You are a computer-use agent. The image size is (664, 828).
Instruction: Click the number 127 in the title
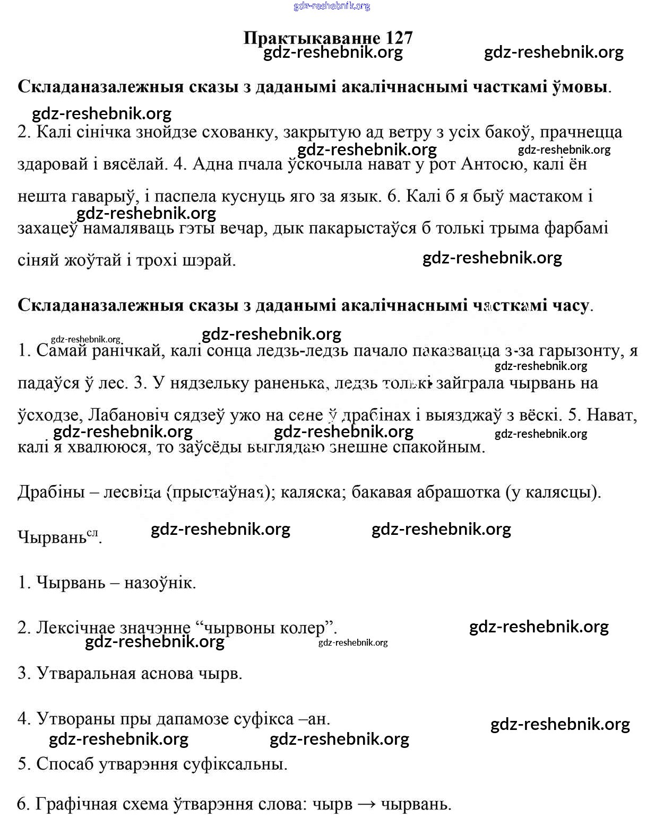(395, 38)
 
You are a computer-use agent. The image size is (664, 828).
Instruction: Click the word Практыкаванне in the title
(312, 38)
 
